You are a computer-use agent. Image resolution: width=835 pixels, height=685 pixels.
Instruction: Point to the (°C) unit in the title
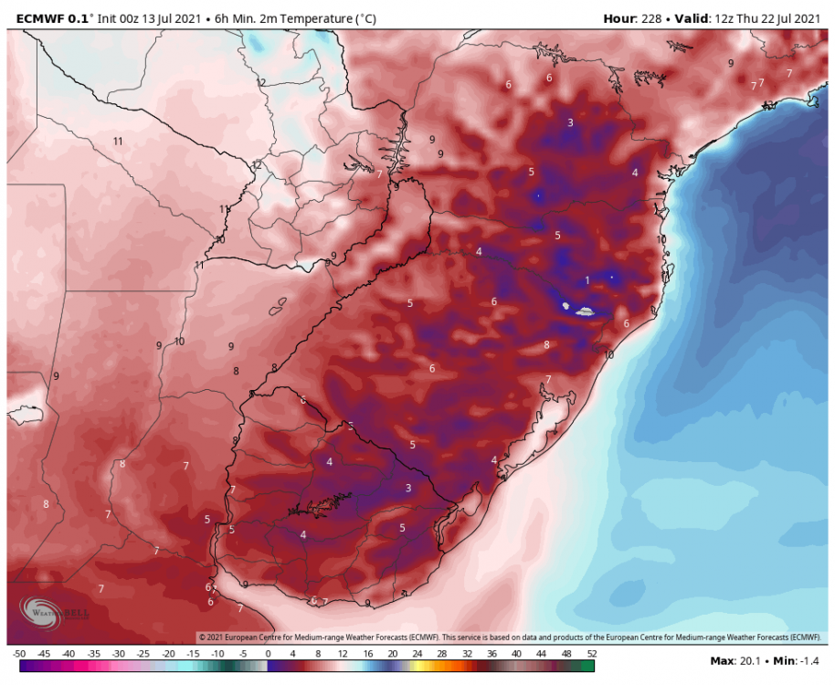pos(362,18)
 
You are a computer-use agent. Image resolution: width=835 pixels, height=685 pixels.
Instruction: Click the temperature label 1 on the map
pos(587,280)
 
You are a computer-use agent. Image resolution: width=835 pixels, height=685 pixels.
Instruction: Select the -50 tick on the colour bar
pos(18,654)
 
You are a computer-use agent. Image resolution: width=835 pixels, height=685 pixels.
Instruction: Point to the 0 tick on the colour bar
pos(268,654)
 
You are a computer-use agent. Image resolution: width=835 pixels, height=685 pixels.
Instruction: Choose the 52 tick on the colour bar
pos(590,654)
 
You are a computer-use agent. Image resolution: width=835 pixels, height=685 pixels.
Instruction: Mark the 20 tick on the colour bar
pos(392,654)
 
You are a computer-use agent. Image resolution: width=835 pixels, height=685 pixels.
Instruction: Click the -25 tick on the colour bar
pos(143,654)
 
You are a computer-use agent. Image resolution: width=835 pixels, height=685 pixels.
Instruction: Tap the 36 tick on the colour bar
pos(491,654)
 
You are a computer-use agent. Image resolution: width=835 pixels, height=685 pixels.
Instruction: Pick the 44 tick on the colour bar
pos(541,654)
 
